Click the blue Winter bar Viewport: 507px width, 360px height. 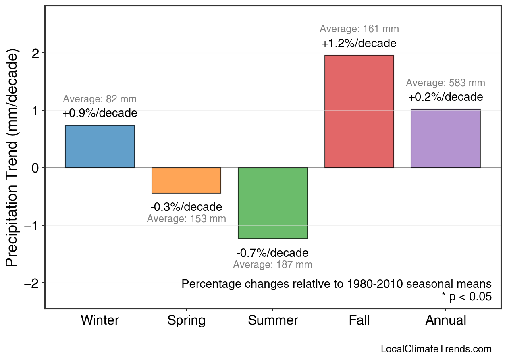(x=100, y=146)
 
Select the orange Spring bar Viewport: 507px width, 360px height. (x=186, y=180)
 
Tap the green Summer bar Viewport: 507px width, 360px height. (x=273, y=203)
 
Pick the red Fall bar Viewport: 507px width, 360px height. (x=359, y=111)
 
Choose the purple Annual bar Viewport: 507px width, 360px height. (x=445, y=138)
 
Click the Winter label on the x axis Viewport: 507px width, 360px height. (x=100, y=320)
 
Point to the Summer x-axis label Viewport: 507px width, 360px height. (x=273, y=320)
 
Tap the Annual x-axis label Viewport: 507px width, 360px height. (x=445, y=320)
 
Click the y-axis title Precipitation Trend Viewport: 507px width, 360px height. (x=12, y=159)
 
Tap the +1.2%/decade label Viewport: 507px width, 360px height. (x=359, y=43)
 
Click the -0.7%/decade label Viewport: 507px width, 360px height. (x=272, y=253)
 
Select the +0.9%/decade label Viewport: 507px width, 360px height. (x=100, y=113)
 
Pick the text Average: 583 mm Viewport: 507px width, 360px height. (x=445, y=83)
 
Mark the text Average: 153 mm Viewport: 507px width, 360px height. (x=186, y=219)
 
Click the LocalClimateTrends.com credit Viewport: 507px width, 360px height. (x=436, y=349)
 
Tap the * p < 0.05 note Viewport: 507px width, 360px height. (x=466, y=297)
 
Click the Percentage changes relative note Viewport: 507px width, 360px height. (x=337, y=284)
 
